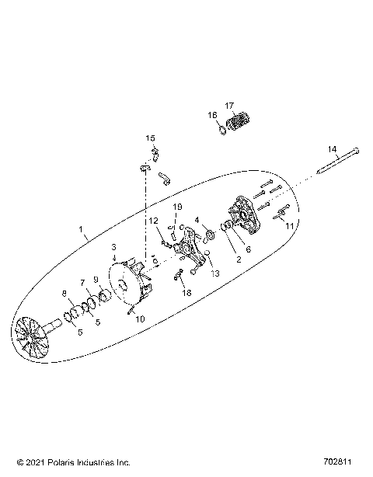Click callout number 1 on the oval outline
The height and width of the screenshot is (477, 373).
click(82, 230)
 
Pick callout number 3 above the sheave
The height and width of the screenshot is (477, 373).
click(113, 248)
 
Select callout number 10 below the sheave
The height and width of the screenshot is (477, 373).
click(140, 319)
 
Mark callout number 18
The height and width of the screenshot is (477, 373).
click(185, 293)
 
